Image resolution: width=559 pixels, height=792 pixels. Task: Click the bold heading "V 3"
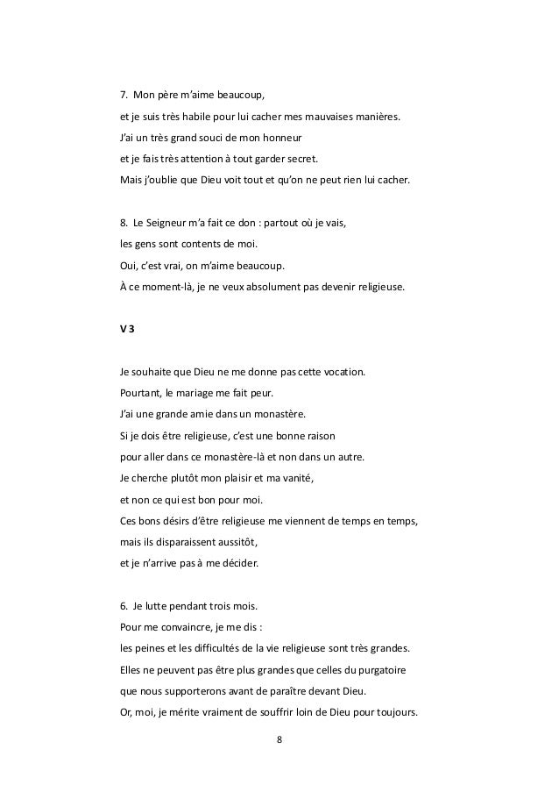(127, 329)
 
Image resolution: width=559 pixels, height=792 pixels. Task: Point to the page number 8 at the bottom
(279, 741)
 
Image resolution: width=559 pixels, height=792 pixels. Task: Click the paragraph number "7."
(124, 96)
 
